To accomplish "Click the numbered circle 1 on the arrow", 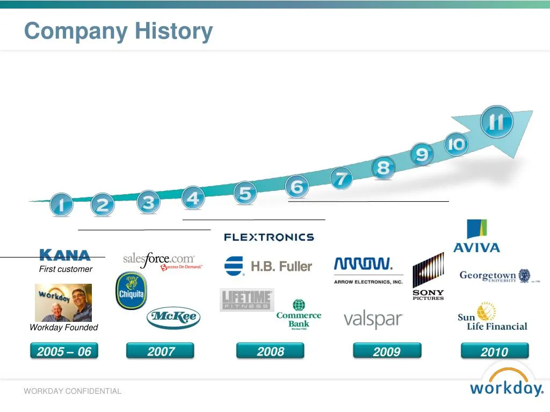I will click(x=61, y=205).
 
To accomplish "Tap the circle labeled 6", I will click(x=297, y=187).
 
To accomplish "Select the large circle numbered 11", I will click(x=496, y=122).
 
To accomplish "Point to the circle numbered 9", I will click(x=422, y=155).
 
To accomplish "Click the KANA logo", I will click(x=65, y=255).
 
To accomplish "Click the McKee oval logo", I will click(x=173, y=318).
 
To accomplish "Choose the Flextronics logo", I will click(x=269, y=237).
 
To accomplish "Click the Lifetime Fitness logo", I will click(x=247, y=300).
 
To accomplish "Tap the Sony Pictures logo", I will click(x=428, y=277).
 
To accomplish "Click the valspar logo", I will click(x=373, y=320).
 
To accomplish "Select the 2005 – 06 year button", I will click(x=64, y=352).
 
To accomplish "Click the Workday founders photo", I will click(x=63, y=303).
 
